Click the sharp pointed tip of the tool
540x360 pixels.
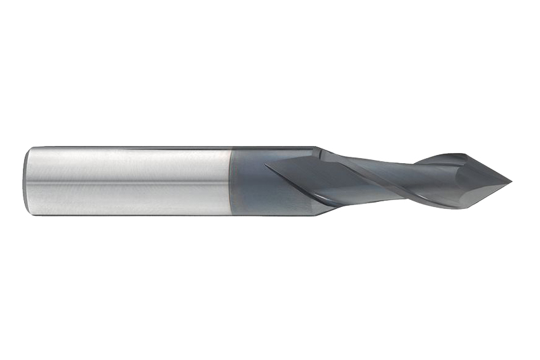(x=511, y=182)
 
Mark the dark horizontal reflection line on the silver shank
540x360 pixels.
(x=127, y=182)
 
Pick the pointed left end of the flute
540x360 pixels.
(x=266, y=166)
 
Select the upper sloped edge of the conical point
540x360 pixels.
(x=489, y=168)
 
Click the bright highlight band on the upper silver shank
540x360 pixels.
(x=127, y=159)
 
